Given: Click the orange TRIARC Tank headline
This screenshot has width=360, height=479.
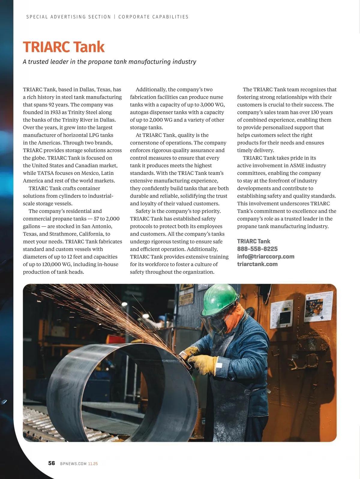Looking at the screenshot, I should [64, 47].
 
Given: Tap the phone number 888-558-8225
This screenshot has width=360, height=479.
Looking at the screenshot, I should [257, 249].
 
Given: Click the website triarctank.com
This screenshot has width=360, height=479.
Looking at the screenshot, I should [257, 264].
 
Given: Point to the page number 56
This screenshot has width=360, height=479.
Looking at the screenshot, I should [52, 463].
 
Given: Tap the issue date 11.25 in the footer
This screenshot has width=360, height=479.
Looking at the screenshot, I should [93, 464].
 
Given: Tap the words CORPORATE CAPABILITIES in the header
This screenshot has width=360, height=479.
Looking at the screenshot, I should [153, 17].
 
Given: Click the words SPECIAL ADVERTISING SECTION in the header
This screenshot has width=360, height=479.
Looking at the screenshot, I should [69, 17].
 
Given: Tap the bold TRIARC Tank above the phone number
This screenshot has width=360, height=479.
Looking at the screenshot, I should [253, 241].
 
